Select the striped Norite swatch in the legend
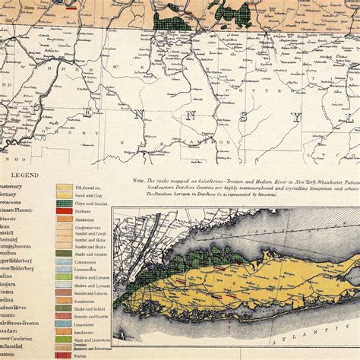click(x=64, y=355)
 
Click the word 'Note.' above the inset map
click(x=137, y=182)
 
